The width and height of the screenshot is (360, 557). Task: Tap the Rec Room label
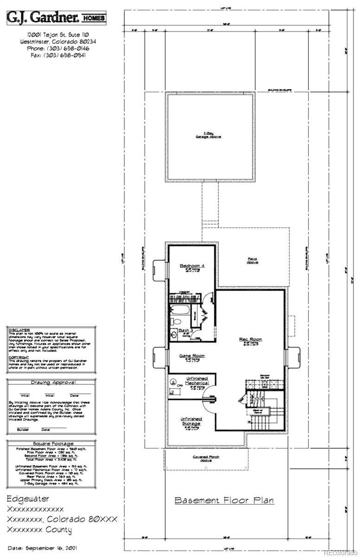point(251,339)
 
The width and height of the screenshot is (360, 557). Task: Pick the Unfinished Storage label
point(191,421)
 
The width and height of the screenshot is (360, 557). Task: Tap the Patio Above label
point(252,260)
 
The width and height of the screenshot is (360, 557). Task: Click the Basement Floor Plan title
point(224,500)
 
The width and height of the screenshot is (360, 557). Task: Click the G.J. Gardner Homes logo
point(56,19)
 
